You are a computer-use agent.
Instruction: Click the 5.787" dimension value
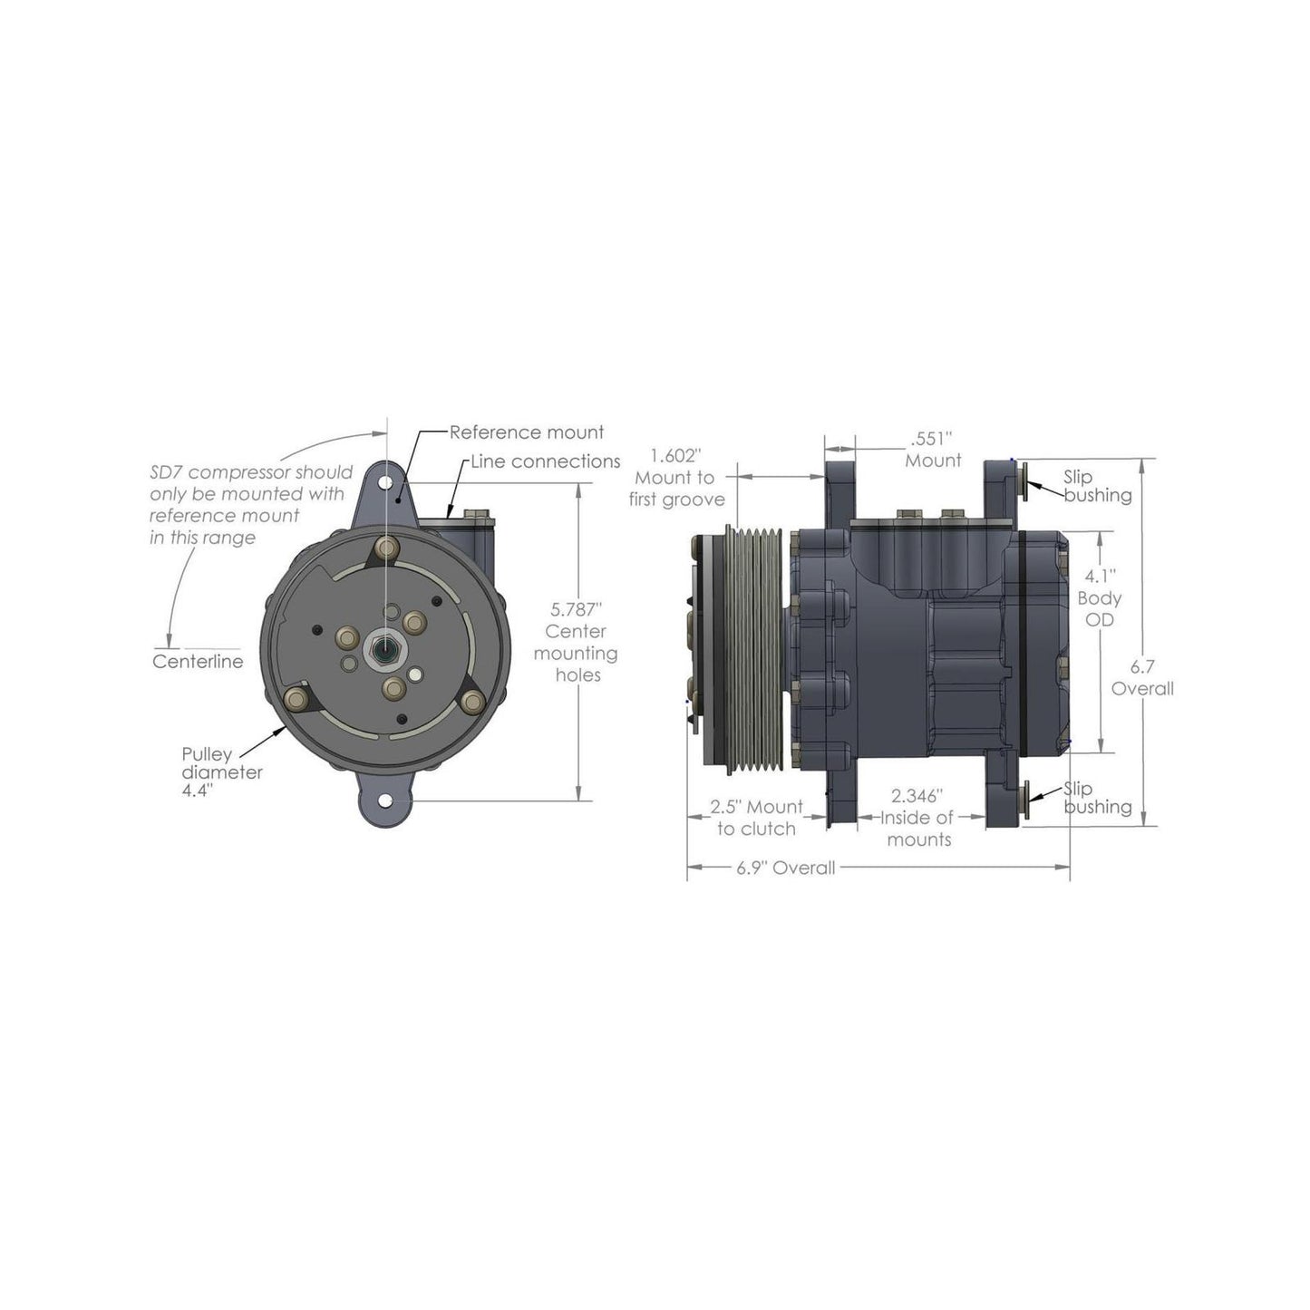[x=577, y=609]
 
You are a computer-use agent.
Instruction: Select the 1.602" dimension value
[x=675, y=455]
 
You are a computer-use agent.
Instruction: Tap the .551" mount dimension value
[x=933, y=439]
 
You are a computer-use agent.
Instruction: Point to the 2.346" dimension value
[x=918, y=796]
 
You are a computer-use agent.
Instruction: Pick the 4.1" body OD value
[x=1100, y=576]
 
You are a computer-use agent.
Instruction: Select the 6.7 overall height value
[x=1142, y=666]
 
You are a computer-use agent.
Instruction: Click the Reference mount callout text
[x=526, y=432]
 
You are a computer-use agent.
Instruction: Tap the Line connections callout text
[x=545, y=461]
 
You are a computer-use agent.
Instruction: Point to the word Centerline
[x=198, y=662]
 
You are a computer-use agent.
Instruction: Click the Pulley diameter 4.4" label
[x=222, y=772]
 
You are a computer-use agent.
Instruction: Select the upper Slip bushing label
[x=1097, y=486]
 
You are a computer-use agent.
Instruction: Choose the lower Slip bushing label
[x=1097, y=798]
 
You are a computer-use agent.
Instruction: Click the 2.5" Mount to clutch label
[x=755, y=817]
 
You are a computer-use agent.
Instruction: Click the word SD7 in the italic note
[x=167, y=472]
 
